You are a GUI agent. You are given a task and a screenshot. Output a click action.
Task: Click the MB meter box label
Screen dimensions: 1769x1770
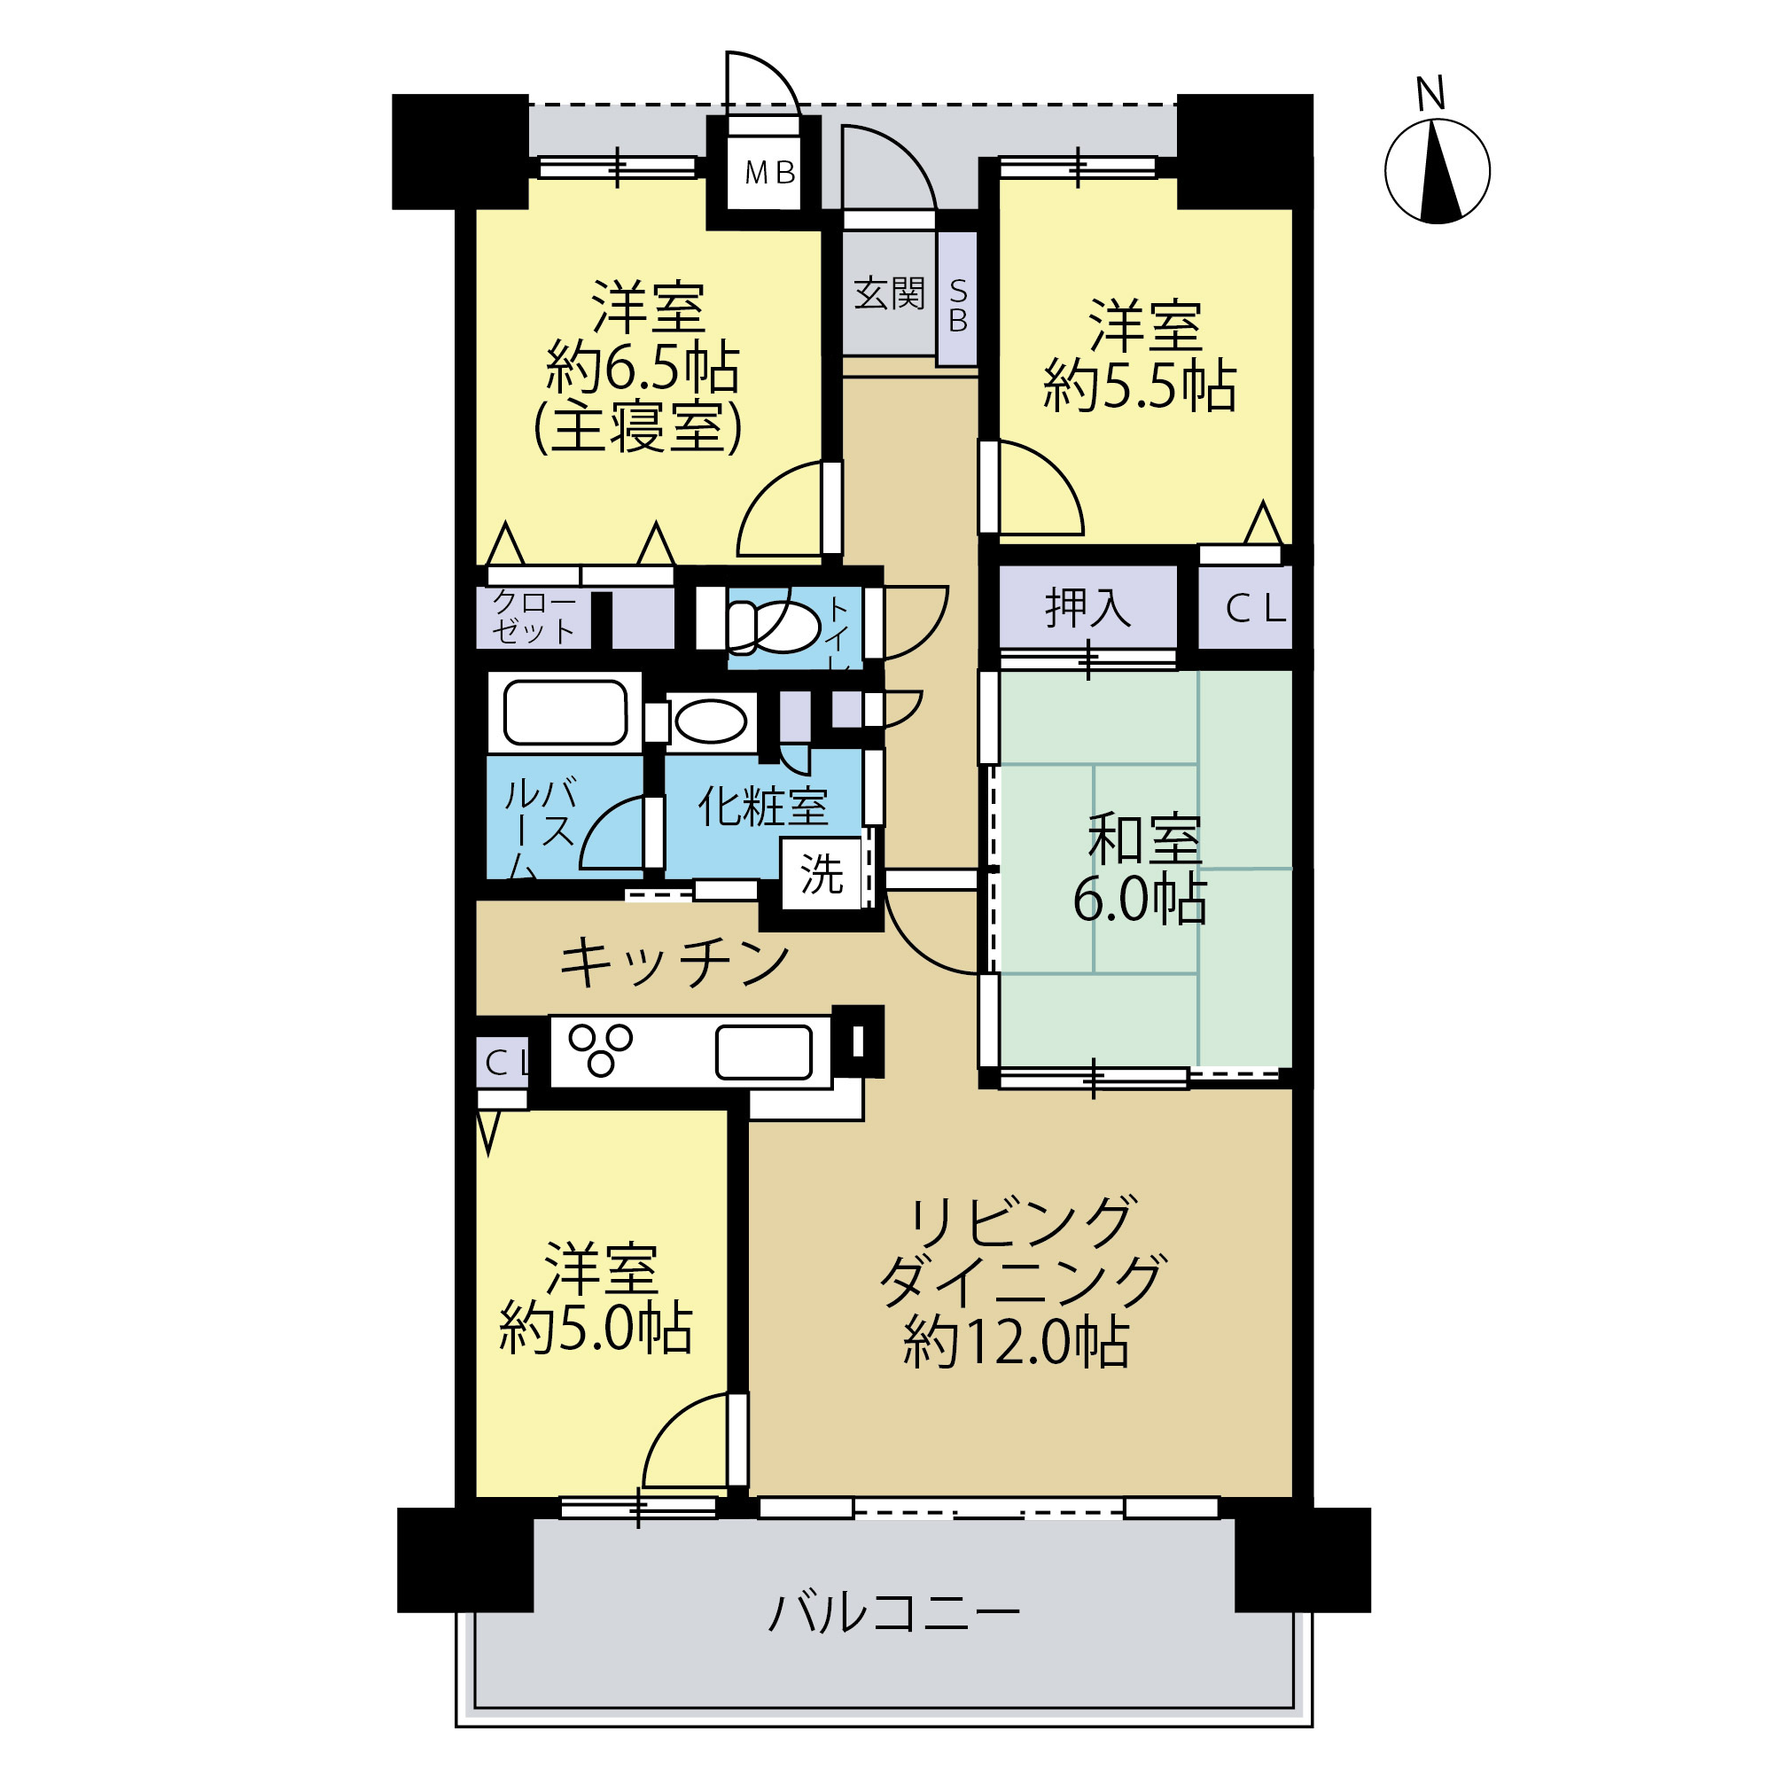pos(769,172)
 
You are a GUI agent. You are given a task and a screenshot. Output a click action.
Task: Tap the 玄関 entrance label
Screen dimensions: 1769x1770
pos(889,293)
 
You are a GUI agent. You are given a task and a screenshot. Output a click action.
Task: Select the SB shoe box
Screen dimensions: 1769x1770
pos(957,299)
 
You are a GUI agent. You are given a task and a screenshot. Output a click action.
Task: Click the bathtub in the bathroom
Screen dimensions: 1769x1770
pos(565,712)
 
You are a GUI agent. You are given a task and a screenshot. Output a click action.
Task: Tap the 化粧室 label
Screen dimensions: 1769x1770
pos(762,807)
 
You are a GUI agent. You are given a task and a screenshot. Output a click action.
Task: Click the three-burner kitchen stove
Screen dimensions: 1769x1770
pos(600,1050)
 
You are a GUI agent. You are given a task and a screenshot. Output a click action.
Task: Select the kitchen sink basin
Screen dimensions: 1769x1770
pos(763,1052)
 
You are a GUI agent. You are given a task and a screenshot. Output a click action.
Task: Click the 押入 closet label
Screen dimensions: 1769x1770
pos(1087,606)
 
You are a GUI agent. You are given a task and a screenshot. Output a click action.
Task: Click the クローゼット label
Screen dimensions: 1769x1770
pos(534,617)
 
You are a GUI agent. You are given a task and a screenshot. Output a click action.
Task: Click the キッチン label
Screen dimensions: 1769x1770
pos(674,963)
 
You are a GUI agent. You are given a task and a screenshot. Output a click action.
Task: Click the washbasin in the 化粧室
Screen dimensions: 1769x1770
pos(710,721)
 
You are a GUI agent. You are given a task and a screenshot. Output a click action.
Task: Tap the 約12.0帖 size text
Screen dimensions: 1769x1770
pos(1015,1342)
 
